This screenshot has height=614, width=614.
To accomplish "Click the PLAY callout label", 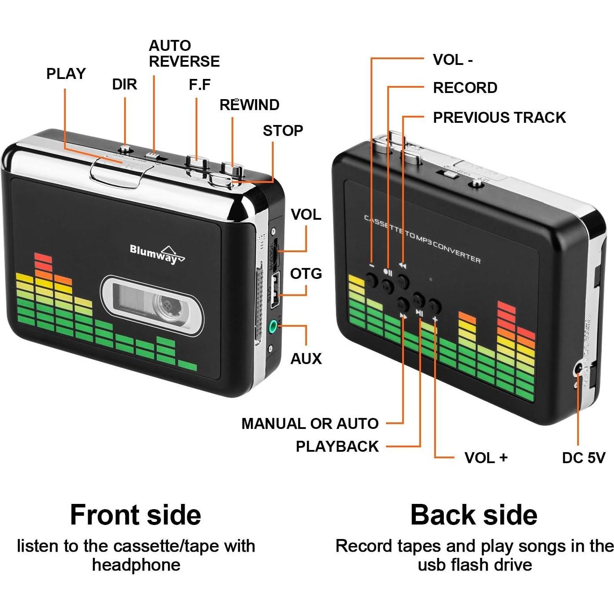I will tap(66, 74).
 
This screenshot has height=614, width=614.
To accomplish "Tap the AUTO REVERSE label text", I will tap(184, 54).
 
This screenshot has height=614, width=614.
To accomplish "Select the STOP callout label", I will tap(283, 131).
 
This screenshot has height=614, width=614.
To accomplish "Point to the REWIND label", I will tap(249, 105).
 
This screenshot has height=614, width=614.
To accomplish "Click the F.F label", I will tap(200, 85).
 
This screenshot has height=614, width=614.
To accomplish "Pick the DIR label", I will tap(125, 84).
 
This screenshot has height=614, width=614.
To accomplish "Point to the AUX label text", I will tap(306, 359).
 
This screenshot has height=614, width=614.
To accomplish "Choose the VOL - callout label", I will tap(453, 60).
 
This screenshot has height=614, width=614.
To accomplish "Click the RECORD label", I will tap(465, 88).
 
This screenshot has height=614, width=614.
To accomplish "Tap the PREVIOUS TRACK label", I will tap(499, 118).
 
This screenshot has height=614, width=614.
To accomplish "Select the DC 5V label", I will tap(583, 458).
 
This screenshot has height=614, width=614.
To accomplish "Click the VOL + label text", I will tap(486, 458).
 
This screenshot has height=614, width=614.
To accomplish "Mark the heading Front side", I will tap(136, 515).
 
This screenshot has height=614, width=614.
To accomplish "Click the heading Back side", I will tap(474, 515).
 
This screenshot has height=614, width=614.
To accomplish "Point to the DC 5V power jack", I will tap(579, 369).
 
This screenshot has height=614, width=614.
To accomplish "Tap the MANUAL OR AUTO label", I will tap(310, 424).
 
